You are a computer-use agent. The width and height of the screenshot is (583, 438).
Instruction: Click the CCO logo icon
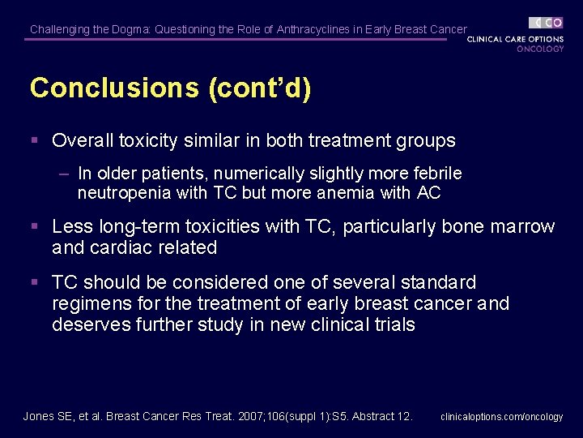pyautogui.click(x=547, y=23)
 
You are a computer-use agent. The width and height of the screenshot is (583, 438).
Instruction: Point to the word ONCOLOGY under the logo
pyautogui.click(x=540, y=49)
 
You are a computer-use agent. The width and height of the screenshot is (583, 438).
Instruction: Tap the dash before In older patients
pyautogui.click(x=65, y=174)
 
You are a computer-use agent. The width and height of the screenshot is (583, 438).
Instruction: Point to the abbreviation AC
pyautogui.click(x=428, y=193)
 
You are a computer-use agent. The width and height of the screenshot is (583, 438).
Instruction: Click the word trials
pyautogui.click(x=391, y=325)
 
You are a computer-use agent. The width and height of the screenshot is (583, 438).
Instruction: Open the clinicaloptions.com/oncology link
pyautogui.click(x=501, y=417)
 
